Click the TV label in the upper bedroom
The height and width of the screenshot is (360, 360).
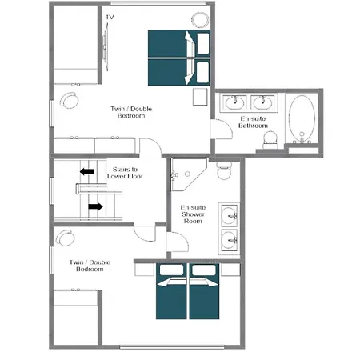[x=110, y=17]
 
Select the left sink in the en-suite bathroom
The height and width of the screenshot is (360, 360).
[x=236, y=102]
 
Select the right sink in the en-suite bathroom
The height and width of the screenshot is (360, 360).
[x=262, y=102]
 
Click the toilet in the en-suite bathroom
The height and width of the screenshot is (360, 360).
[x=271, y=138]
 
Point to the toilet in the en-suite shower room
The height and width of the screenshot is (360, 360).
[x=224, y=170]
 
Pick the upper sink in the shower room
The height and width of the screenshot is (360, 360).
[x=230, y=214]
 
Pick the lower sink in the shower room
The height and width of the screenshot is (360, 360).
[x=230, y=238]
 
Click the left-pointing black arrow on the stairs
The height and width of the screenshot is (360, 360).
[x=86, y=170]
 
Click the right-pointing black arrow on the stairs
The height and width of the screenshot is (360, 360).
[x=94, y=206]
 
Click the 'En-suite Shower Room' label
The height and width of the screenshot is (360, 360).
[x=194, y=214]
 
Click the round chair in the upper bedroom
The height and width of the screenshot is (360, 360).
[x=70, y=102]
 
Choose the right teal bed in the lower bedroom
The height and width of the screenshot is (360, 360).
[x=203, y=296]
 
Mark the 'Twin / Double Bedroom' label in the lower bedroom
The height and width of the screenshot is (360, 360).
[x=90, y=266]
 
